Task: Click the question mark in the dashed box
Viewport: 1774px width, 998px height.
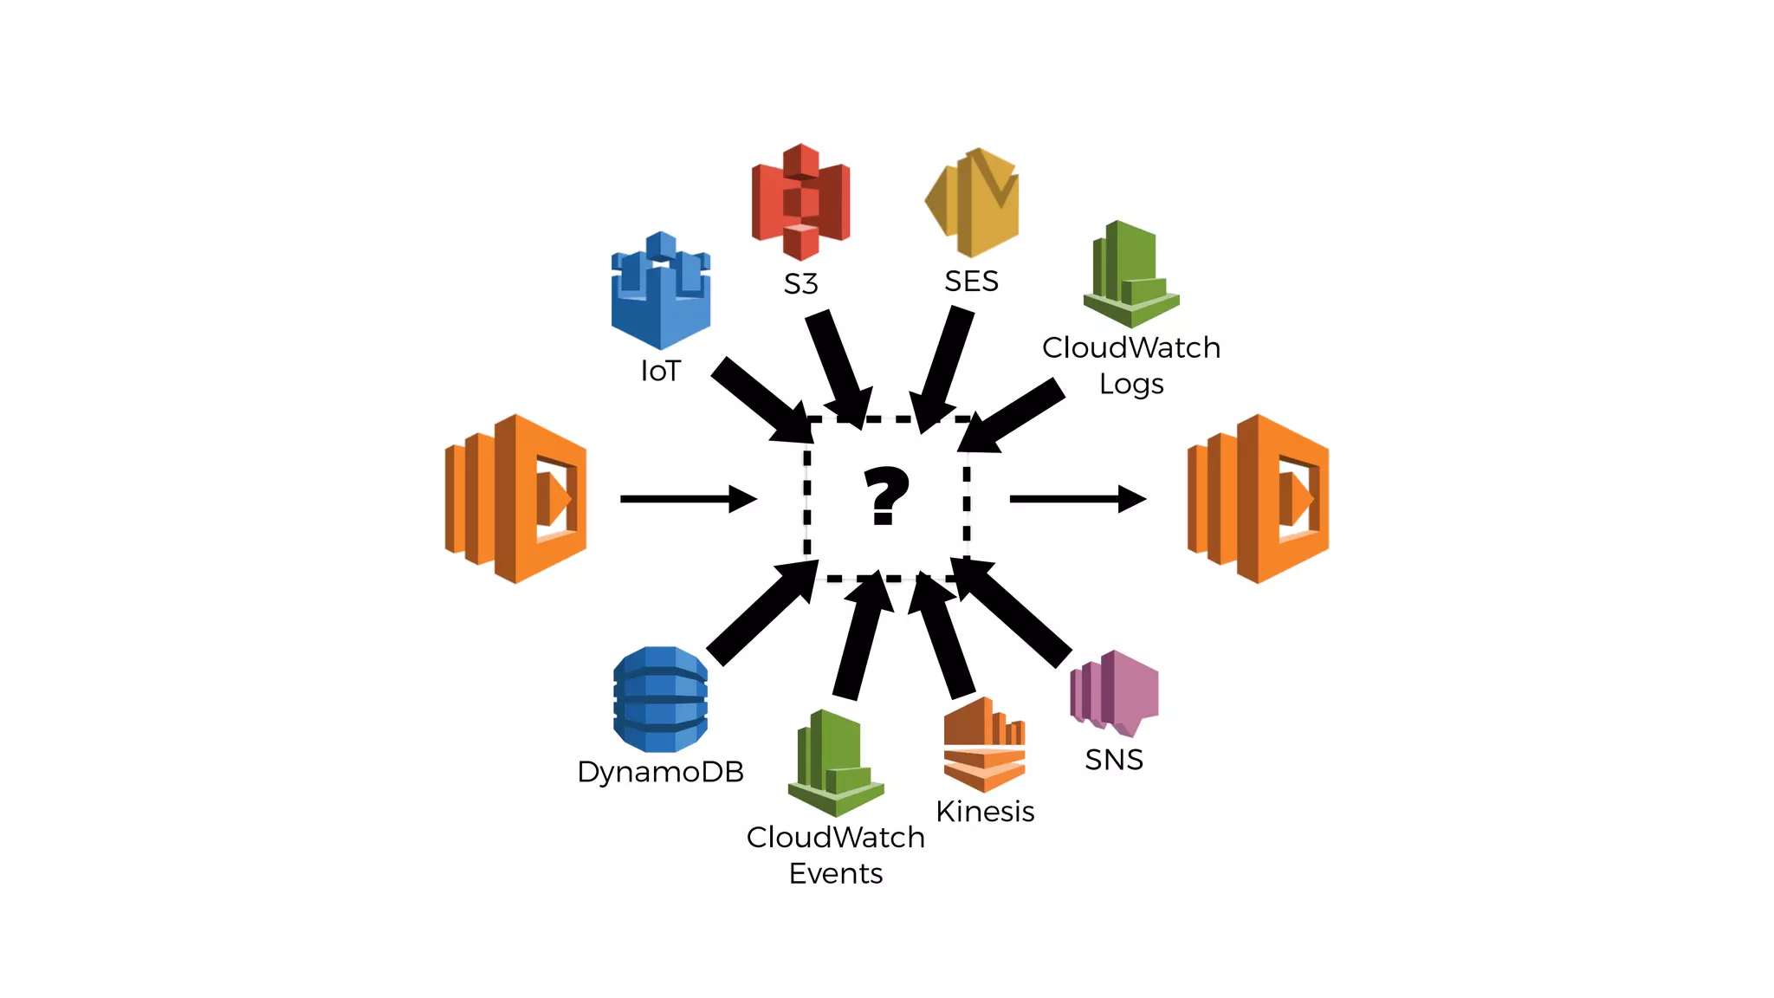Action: click(886, 496)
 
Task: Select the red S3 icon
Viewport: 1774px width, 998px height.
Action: click(800, 202)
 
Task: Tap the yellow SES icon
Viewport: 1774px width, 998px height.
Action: click(973, 202)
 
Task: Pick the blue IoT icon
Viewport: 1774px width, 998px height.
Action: click(661, 290)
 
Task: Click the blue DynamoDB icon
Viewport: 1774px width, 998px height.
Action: click(661, 699)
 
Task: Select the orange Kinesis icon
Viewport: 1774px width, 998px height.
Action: click(984, 745)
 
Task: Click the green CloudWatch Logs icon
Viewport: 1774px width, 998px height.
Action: click(1130, 274)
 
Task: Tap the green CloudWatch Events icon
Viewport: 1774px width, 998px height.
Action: click(835, 763)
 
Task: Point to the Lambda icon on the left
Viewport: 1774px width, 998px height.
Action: click(516, 499)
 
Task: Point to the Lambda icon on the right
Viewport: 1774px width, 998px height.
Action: click(1258, 499)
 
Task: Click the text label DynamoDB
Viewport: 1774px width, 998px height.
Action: click(661, 772)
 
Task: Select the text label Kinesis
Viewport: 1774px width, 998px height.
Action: click(985, 812)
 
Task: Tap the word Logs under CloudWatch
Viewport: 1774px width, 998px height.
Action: click(1131, 384)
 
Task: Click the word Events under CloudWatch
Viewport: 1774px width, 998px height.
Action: click(836, 873)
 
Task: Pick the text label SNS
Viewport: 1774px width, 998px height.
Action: click(1114, 760)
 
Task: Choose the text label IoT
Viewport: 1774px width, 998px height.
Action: click(661, 371)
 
